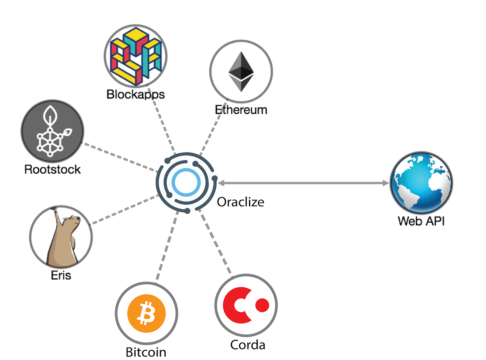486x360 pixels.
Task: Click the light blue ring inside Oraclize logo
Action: pyautogui.click(x=185, y=183)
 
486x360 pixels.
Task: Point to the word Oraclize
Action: pyautogui.click(x=241, y=202)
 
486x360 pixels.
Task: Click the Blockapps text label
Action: pyautogui.click(x=136, y=94)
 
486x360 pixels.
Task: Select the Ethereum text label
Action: pyautogui.click(x=241, y=110)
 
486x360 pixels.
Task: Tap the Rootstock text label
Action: pyautogui.click(x=53, y=169)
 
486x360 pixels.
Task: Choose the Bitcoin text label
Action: pyautogui.click(x=146, y=351)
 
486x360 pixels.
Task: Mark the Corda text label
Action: pyautogui.click(x=247, y=345)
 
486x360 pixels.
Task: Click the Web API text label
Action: pyautogui.click(x=421, y=221)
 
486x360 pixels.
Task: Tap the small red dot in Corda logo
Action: pyautogui.click(x=262, y=304)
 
